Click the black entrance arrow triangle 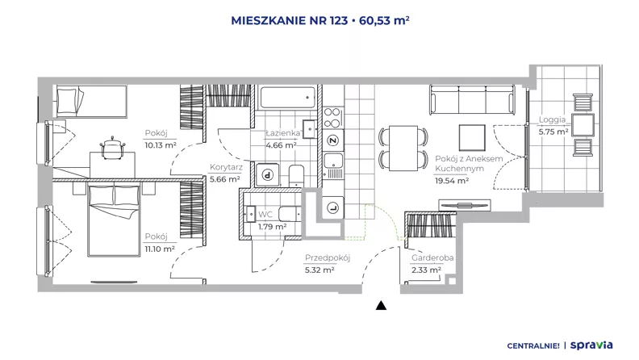[x=381, y=305]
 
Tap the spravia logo [x=591, y=345]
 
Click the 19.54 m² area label [x=452, y=180]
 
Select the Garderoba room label [x=432, y=257]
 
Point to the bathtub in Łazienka [x=288, y=98]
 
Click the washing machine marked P [x=267, y=175]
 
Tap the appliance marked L [x=333, y=208]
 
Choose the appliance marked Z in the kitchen [x=333, y=140]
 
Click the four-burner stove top [x=332, y=117]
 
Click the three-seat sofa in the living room [x=472, y=99]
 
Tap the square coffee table [x=472, y=138]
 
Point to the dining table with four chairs [x=403, y=148]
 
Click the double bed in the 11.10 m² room [x=114, y=220]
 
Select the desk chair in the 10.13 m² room [x=112, y=148]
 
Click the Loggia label [x=552, y=119]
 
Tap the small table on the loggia [x=583, y=125]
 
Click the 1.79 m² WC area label [x=272, y=226]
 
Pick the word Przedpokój [x=328, y=257]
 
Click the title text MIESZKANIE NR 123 [x=290, y=20]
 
